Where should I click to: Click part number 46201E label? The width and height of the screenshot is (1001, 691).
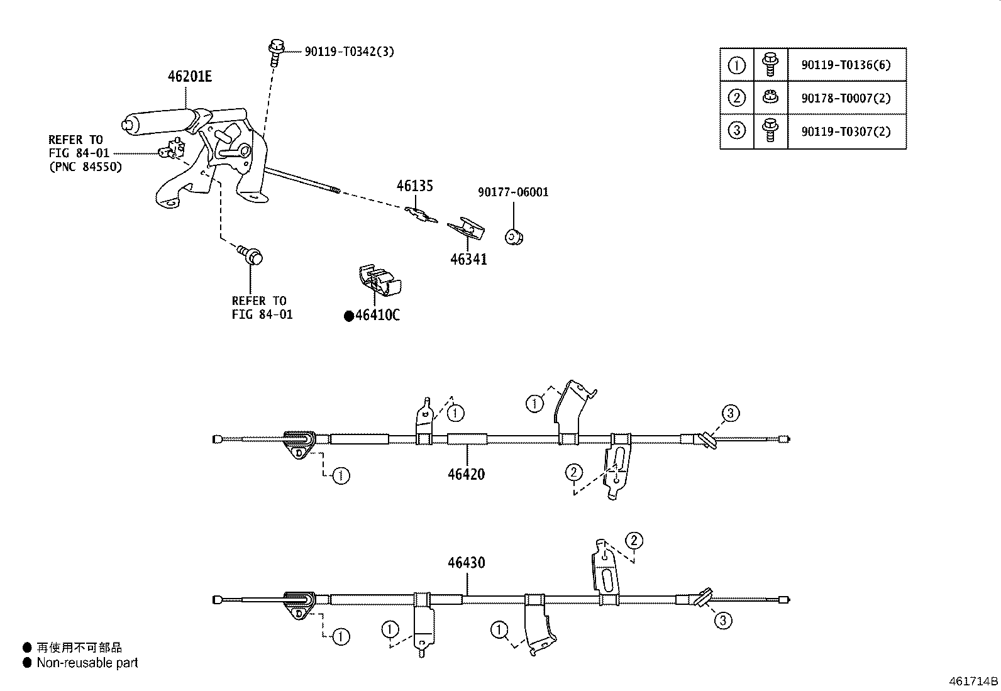(x=189, y=77)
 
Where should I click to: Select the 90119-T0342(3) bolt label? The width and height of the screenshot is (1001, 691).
(x=350, y=52)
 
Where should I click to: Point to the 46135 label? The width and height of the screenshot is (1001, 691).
(x=414, y=186)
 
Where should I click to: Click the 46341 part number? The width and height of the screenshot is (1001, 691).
(x=468, y=259)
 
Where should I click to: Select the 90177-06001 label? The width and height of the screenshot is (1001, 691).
(x=512, y=192)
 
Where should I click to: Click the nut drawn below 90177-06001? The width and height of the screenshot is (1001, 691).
(x=514, y=237)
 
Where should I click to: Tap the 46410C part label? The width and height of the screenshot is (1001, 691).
(x=377, y=316)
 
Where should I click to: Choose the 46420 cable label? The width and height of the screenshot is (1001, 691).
(x=466, y=474)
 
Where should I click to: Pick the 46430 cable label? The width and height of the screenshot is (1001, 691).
(x=466, y=562)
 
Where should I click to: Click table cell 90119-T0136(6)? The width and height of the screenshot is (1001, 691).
(x=846, y=65)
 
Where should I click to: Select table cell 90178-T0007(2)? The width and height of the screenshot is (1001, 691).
(x=846, y=98)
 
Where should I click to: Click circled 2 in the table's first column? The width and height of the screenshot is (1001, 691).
(x=736, y=98)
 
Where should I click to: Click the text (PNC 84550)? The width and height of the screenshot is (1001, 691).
(x=85, y=167)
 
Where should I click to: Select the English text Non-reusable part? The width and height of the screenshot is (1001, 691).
(x=87, y=663)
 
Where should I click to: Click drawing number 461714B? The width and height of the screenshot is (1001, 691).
(x=973, y=681)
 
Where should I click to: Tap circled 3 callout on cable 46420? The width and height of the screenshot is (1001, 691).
(x=730, y=414)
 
